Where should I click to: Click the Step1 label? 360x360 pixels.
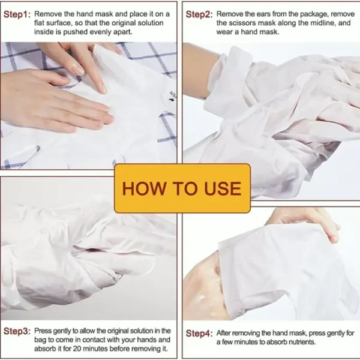[17, 14]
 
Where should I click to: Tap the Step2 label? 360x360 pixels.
[199, 14]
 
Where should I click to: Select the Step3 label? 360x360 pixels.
[17, 331]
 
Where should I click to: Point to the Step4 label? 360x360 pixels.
[199, 334]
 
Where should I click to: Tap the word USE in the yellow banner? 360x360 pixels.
[222, 188]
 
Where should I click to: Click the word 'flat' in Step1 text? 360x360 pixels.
[39, 23]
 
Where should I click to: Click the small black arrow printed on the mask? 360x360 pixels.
[170, 100]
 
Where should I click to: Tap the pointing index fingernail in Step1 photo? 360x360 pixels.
[103, 88]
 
